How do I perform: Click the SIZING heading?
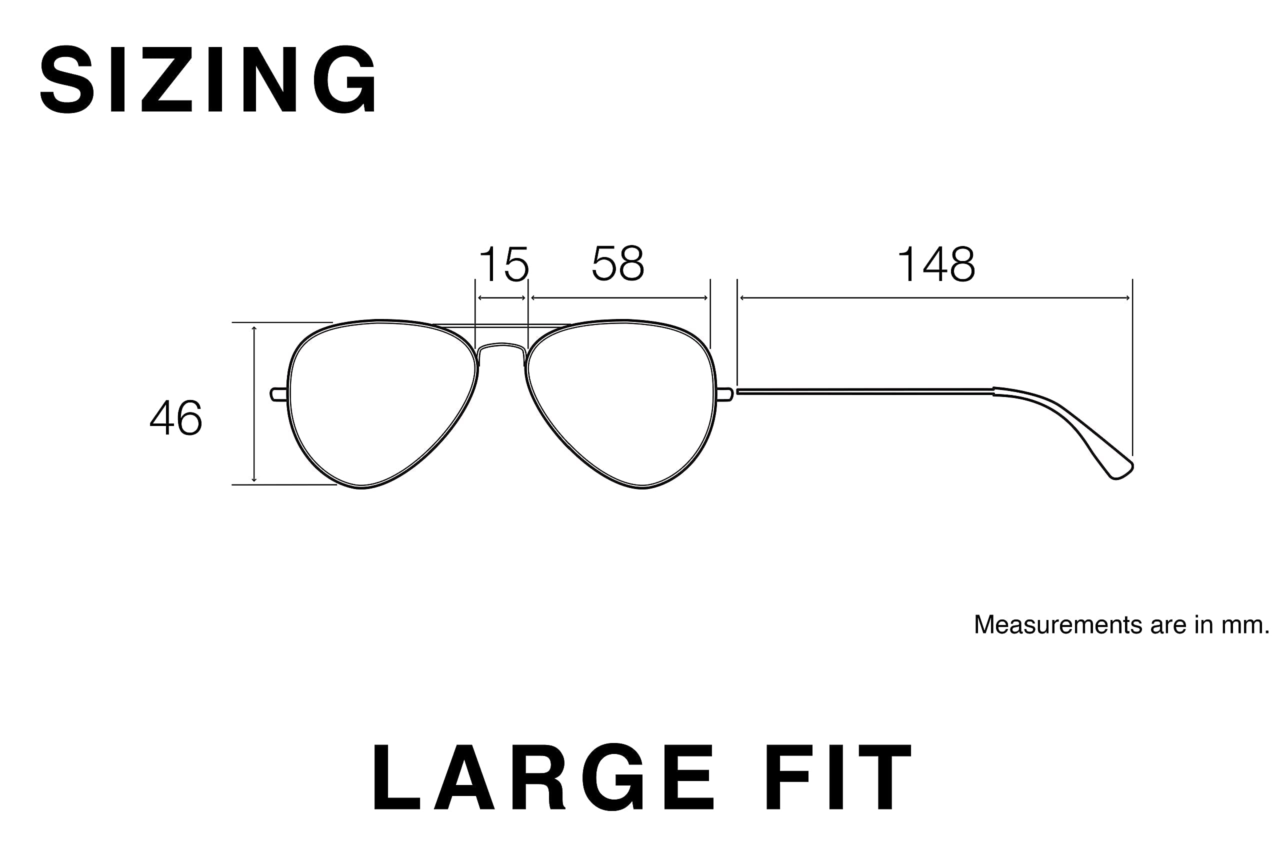coord(208,79)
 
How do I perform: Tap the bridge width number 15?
coord(503,264)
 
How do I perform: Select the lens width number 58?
coord(618,263)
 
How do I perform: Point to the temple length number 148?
coord(935,264)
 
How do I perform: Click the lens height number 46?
coord(175,418)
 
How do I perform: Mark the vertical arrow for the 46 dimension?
coord(254,403)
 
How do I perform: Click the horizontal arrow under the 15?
coord(501,298)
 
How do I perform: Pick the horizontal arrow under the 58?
coord(619,298)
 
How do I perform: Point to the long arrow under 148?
coord(935,298)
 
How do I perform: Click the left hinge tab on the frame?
coord(278,394)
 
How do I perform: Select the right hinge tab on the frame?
coord(725,394)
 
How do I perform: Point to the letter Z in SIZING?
coord(167,79)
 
